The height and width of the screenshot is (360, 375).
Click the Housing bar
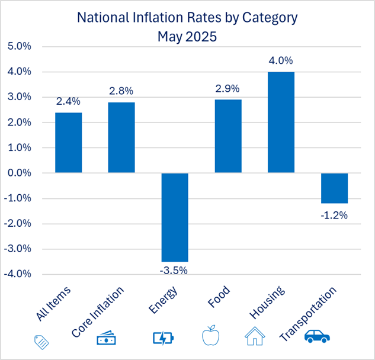281,123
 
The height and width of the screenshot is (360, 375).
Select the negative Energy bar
175,217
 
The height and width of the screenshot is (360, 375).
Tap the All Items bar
68,143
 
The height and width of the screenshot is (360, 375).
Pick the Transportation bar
334,188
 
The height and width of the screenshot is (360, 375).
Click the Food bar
227,136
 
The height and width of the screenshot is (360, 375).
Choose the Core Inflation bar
121,137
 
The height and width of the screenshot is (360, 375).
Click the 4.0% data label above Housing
281,60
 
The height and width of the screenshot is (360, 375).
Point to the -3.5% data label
175,271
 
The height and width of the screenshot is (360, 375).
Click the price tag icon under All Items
41,341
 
